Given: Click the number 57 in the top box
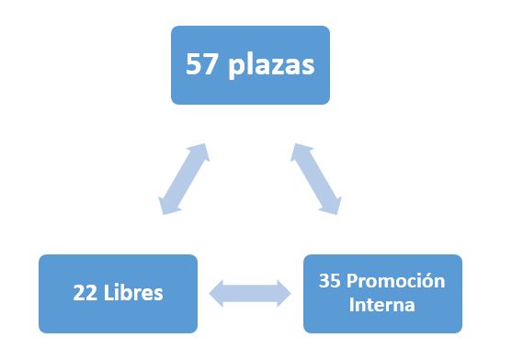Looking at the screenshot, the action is (201, 64).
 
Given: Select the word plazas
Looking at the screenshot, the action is (272, 65).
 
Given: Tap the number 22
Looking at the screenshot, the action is (85, 292).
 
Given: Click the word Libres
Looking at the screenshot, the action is (133, 292).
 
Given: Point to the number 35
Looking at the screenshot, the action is (330, 280).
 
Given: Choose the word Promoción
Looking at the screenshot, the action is (396, 280).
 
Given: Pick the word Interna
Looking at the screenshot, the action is (382, 305).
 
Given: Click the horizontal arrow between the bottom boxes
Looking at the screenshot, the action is (250, 294).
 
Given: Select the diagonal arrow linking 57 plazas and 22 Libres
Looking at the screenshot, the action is (184, 179).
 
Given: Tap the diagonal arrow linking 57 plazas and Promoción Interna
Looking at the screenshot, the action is (316, 179).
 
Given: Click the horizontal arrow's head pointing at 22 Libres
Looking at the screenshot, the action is (215, 294).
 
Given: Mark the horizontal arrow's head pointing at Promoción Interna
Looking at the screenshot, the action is (284, 294).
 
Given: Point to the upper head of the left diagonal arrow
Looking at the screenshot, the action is (199, 152).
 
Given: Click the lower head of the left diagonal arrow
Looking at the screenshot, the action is (168, 206).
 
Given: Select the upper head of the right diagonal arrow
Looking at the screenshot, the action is (300, 152).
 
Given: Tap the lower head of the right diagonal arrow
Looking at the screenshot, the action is (332, 206).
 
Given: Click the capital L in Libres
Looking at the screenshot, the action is (108, 292).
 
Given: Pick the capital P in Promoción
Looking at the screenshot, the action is (352, 280).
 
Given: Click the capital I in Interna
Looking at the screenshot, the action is (351, 305).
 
